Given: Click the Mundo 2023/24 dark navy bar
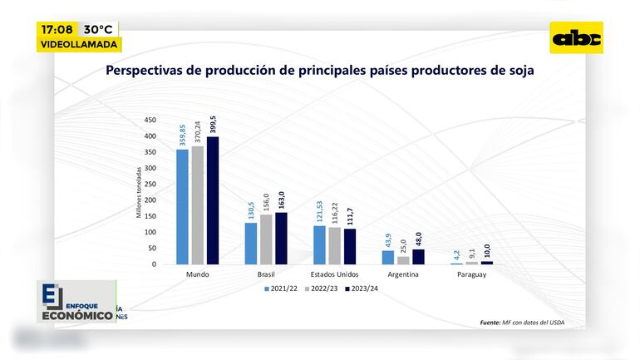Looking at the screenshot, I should pos(213,200).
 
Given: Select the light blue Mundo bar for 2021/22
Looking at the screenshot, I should pos(182,207).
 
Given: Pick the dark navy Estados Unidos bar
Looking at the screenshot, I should pos(349,246).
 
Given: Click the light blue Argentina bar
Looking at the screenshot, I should pos(388,257).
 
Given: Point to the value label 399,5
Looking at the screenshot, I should pos(213,123).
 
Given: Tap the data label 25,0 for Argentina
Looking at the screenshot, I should pos(403,247).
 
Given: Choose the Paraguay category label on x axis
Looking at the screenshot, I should pos(471,274).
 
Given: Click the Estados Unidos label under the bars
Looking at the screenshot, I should pos(334,274).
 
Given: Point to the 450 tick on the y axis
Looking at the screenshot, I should pos(150,120).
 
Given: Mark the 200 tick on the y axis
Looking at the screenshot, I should pos(150,200).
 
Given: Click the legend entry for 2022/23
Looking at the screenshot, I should pos(319,288).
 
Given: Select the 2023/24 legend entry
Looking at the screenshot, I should pos(362,288).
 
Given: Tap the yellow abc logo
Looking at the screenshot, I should pos(577,37).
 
